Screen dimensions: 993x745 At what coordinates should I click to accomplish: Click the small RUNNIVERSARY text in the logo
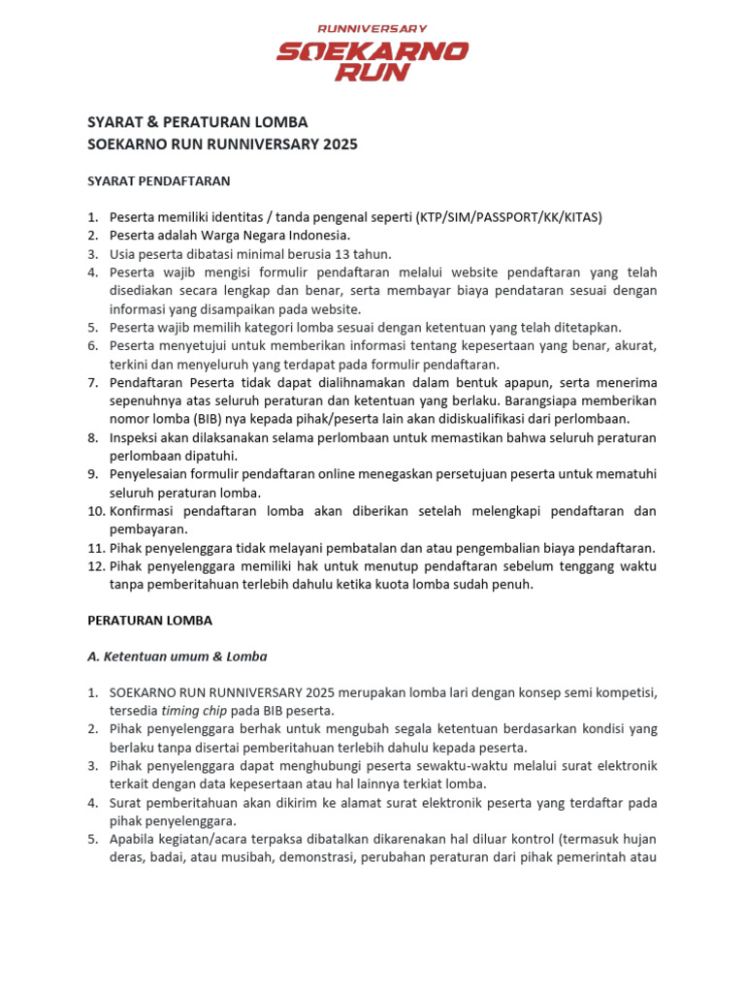pyautogui.click(x=372, y=29)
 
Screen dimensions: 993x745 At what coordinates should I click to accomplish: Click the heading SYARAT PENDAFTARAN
pyautogui.click(x=159, y=180)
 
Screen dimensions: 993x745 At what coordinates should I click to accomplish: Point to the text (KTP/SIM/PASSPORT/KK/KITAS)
pyautogui.click(x=508, y=217)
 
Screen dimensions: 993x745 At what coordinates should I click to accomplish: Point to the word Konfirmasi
pyautogui.click(x=146, y=511)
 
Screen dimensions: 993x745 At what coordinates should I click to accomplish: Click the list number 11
pyautogui.click(x=95, y=548)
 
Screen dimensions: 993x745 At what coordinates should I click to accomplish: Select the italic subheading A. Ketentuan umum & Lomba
pyautogui.click(x=177, y=657)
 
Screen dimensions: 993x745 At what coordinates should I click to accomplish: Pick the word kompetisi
pyautogui.click(x=623, y=693)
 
